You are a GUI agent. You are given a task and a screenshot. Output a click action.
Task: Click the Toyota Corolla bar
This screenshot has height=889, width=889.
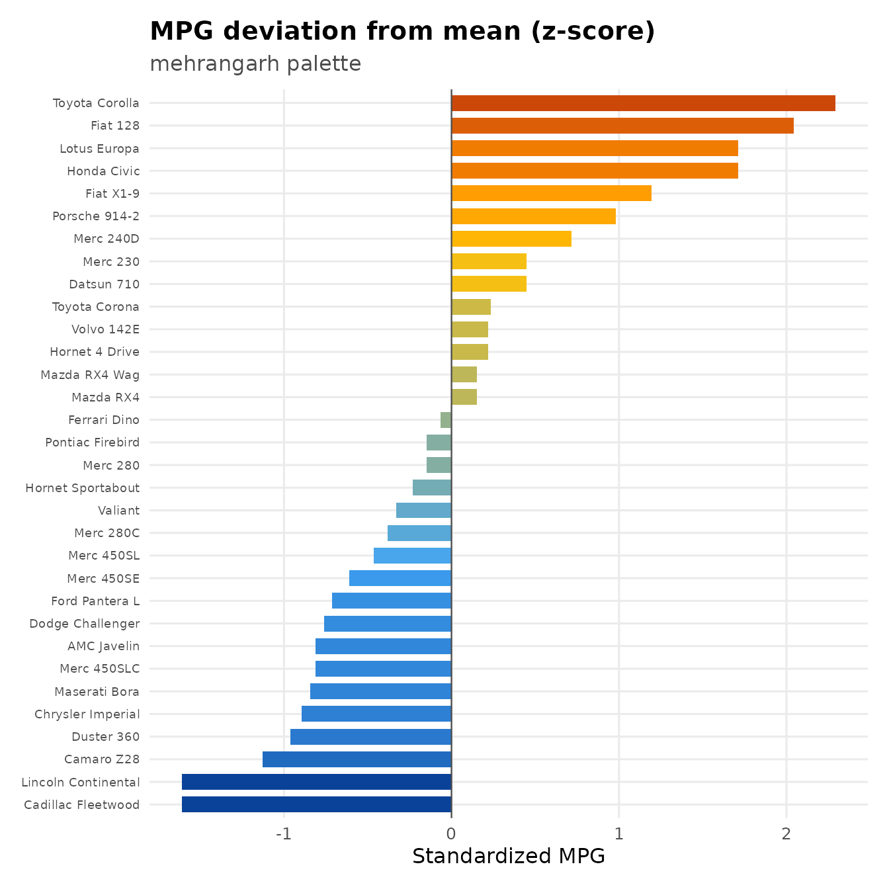coord(643,103)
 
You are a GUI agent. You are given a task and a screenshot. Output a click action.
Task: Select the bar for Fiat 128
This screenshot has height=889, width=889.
coord(622,126)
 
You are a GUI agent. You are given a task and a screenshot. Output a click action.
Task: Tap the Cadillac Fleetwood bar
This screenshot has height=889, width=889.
coord(316,804)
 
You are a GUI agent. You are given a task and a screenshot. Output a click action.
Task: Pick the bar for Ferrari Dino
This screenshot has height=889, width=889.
coord(446,420)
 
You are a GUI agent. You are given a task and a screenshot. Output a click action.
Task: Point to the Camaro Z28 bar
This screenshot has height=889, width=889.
coord(357,759)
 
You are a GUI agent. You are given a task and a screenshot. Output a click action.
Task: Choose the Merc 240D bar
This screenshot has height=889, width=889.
coord(511,239)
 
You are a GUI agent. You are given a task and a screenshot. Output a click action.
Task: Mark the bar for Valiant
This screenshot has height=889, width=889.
coord(424,510)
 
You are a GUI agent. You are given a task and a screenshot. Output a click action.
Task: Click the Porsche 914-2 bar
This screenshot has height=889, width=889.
coord(533,216)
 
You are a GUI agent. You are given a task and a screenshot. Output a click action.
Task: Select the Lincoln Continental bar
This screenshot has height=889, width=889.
coord(316,781)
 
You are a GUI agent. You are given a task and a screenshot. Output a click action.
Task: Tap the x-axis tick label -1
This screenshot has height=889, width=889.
coord(284,834)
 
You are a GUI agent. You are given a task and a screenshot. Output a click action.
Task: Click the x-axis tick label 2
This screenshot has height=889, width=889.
coord(786,834)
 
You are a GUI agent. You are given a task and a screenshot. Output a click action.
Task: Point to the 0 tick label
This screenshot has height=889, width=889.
coord(451,834)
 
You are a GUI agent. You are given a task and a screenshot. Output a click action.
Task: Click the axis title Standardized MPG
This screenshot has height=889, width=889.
coord(509,857)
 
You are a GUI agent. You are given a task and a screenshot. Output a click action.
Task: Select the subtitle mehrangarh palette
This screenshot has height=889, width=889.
coord(255,64)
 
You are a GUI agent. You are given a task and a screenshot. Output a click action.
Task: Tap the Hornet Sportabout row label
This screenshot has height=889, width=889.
coord(82,488)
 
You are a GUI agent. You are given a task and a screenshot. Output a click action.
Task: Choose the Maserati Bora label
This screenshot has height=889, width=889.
coord(97,691)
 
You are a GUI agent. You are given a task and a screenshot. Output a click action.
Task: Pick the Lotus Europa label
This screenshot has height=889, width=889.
coord(99,149)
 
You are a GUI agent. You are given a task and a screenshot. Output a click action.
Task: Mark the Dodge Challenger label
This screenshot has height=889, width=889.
coord(84,624)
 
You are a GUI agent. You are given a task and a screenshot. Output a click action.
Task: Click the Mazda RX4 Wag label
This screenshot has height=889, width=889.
coord(90,374)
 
